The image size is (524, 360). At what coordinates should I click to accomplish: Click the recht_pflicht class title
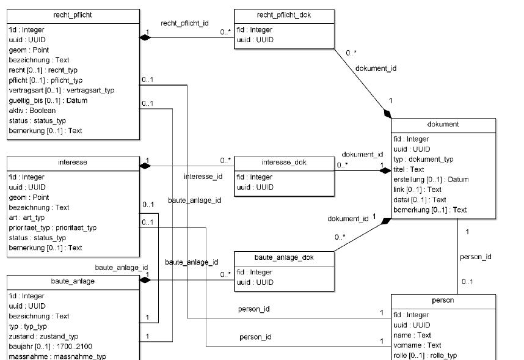[73, 14]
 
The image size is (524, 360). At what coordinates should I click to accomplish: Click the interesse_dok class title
[284, 162]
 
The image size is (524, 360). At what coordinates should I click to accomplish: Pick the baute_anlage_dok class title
[284, 257]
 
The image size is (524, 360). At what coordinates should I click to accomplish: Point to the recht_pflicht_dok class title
[284, 14]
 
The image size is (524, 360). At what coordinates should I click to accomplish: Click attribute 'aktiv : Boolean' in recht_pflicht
[32, 111]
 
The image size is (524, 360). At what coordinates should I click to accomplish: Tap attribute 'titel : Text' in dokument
[409, 169]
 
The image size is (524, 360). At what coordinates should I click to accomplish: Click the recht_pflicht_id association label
[184, 23]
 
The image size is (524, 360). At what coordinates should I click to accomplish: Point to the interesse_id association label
[203, 177]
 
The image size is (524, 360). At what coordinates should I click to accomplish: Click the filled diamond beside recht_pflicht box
[145, 38]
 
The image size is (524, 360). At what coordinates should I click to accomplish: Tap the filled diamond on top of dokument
[387, 114]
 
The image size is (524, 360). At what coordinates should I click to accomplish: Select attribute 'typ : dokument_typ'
[423, 159]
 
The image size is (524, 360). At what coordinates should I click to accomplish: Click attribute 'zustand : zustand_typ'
[43, 336]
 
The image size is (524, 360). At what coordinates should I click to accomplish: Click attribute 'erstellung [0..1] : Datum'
[431, 179]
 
